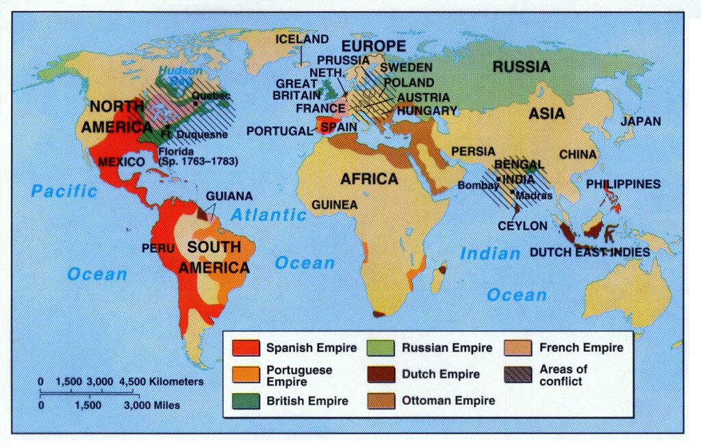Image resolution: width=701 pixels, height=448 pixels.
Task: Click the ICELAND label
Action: coord(302,39)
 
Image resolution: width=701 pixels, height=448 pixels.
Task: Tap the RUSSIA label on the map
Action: coord(521,66)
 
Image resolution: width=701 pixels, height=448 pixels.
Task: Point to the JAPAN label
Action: coord(641,121)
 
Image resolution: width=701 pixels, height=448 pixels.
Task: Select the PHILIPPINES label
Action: coord(623,184)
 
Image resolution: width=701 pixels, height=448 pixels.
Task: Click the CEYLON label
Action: coord(522,225)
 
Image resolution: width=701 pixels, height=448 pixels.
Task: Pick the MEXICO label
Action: coord(121,162)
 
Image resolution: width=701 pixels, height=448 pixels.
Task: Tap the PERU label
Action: coord(158,248)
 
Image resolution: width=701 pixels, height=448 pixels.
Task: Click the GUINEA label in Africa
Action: coord(334,204)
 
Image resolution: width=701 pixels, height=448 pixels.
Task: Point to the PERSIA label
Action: coord(469,151)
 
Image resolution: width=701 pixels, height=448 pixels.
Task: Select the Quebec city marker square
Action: coord(196,103)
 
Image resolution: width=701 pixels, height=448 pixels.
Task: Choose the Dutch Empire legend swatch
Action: coord(381,375)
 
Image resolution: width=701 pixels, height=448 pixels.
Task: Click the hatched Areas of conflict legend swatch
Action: coord(518,375)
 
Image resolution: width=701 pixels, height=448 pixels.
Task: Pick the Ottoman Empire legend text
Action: coord(448,401)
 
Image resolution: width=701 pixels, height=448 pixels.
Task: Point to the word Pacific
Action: coord(64,190)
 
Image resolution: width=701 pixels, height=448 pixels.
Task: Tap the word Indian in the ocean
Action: coord(490,253)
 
